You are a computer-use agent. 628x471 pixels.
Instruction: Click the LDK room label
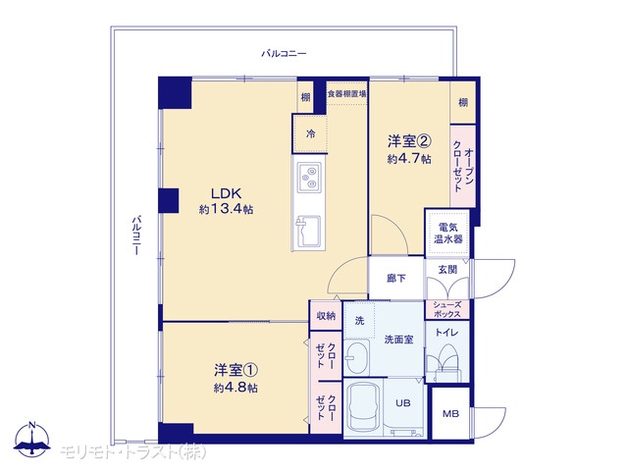click(227, 194)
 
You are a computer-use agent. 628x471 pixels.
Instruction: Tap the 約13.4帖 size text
click(227, 209)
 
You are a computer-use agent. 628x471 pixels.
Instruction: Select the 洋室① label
click(235, 371)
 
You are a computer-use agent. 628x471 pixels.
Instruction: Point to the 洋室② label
click(409, 141)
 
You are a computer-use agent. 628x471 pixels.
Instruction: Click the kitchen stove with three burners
click(309, 177)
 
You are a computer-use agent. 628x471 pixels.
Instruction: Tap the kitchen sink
click(307, 232)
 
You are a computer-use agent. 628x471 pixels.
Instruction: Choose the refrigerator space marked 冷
click(310, 133)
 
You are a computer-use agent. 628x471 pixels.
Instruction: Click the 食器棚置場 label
click(346, 94)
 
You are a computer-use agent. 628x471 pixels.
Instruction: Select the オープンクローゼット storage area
click(463, 166)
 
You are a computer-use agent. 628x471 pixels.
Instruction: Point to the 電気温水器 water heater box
click(447, 234)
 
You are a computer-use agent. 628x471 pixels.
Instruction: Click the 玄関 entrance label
click(447, 270)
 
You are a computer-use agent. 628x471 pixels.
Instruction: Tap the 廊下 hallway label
click(396, 278)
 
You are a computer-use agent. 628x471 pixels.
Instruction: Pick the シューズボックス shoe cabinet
click(446, 310)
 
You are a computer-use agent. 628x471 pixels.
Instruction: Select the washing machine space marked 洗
click(360, 321)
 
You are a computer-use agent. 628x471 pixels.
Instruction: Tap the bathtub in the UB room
click(363, 407)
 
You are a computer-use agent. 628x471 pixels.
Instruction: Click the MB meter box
click(450, 413)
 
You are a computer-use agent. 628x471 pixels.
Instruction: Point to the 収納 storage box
click(326, 316)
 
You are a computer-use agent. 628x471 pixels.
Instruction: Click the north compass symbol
click(32, 440)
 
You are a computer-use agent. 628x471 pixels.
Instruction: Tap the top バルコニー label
click(284, 53)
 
